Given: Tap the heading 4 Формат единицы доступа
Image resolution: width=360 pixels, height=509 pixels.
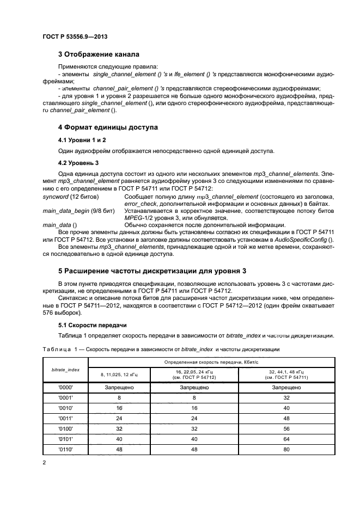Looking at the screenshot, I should click(x=108, y=127).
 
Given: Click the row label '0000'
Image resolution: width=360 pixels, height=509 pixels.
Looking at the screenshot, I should click(x=65, y=388).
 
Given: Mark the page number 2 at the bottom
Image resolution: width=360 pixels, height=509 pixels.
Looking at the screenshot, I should click(x=44, y=463).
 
